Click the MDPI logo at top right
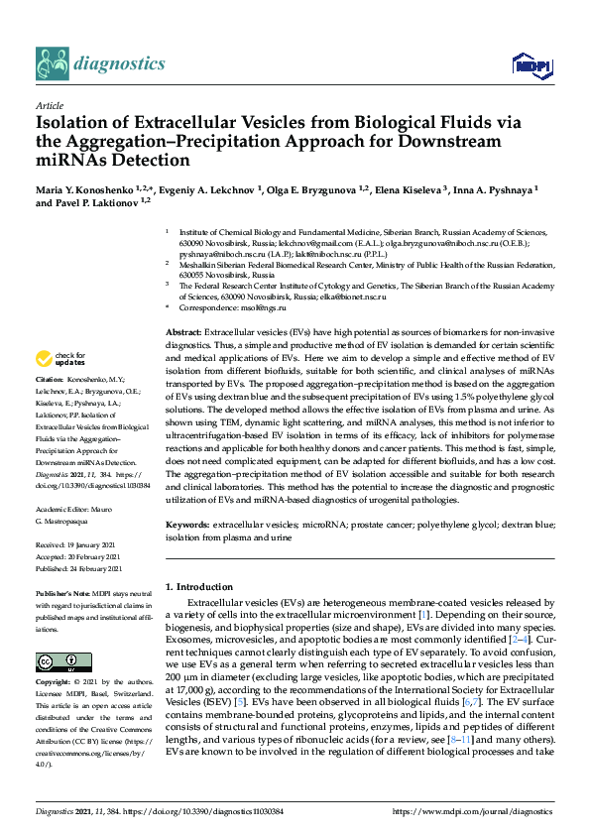(530, 64)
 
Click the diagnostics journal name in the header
(122, 63)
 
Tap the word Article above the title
(49, 105)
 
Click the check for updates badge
(59, 359)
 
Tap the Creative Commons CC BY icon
(57, 661)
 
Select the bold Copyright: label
(56, 684)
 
